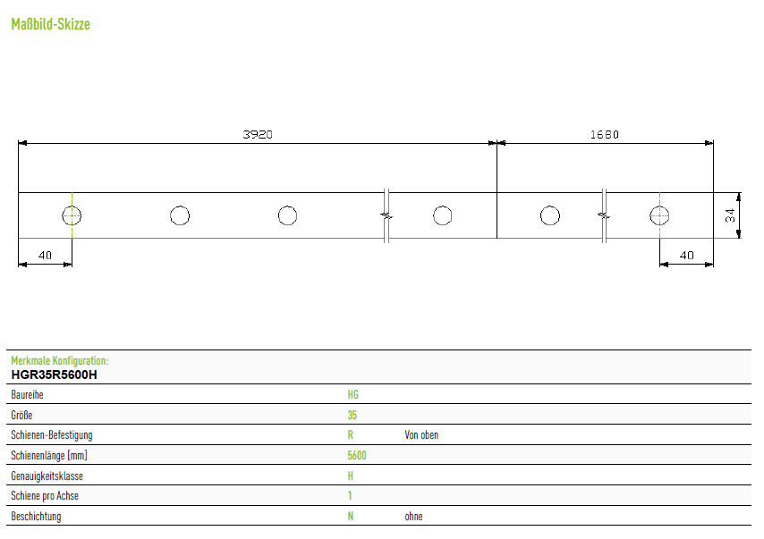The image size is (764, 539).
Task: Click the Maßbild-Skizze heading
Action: (x=51, y=24)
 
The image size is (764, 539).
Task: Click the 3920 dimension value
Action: (x=258, y=134)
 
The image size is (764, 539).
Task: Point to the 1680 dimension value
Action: (x=604, y=134)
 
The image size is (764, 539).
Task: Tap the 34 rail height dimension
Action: (x=729, y=215)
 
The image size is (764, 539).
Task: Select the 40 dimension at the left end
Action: (x=45, y=255)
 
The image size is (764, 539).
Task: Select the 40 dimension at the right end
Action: (x=686, y=255)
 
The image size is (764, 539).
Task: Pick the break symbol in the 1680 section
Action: (x=604, y=215)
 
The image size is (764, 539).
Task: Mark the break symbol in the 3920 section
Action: (x=386, y=215)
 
